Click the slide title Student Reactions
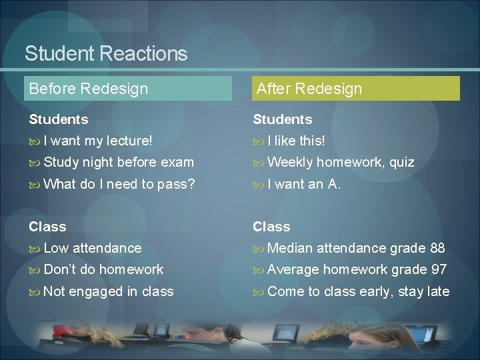(106, 53)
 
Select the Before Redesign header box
(128, 89)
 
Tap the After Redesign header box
(356, 89)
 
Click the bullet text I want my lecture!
(97, 141)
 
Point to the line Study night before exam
(118, 162)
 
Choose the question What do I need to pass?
(119, 184)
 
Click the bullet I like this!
(296, 141)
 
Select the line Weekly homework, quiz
(340, 162)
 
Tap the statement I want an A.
(304, 184)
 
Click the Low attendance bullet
(92, 248)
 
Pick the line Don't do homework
(103, 269)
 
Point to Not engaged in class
(108, 291)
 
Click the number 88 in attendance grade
(437, 248)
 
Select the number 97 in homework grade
(438, 269)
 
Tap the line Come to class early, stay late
(358, 291)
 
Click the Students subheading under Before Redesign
(59, 119)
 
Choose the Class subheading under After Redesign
(271, 227)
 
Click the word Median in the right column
(290, 248)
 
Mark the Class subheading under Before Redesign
(47, 227)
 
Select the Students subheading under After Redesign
(283, 119)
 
